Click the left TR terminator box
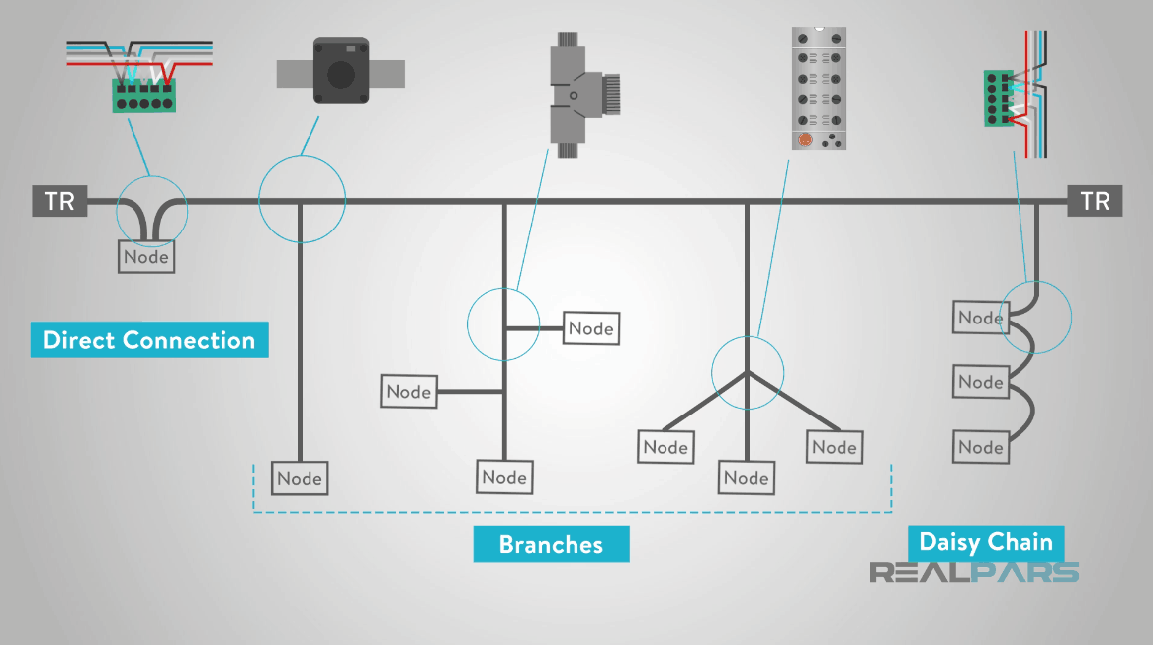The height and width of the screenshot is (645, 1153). pos(59,201)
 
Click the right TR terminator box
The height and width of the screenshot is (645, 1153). pos(1095,201)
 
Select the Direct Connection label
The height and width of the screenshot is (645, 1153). pos(149,340)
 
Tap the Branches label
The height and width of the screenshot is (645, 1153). pos(551,544)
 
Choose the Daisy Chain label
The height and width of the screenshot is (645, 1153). pos(986,542)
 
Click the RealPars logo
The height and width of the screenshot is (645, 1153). pos(973,572)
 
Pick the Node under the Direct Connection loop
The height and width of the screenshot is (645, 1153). pos(146,258)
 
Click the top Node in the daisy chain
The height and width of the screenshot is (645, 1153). pos(980,318)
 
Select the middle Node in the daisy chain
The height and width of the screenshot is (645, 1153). pos(980,382)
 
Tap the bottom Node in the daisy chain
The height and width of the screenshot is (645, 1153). pos(980,447)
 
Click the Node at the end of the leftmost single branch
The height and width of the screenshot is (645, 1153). pos(300,478)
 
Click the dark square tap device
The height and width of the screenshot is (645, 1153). pos(340,69)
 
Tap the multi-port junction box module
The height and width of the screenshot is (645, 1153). pos(821,89)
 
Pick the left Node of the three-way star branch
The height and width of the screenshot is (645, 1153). pos(665,447)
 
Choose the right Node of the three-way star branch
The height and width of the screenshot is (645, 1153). pos(834,447)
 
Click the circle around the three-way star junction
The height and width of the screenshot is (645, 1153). pos(748,373)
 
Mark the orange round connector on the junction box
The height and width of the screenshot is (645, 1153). pos(805,140)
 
